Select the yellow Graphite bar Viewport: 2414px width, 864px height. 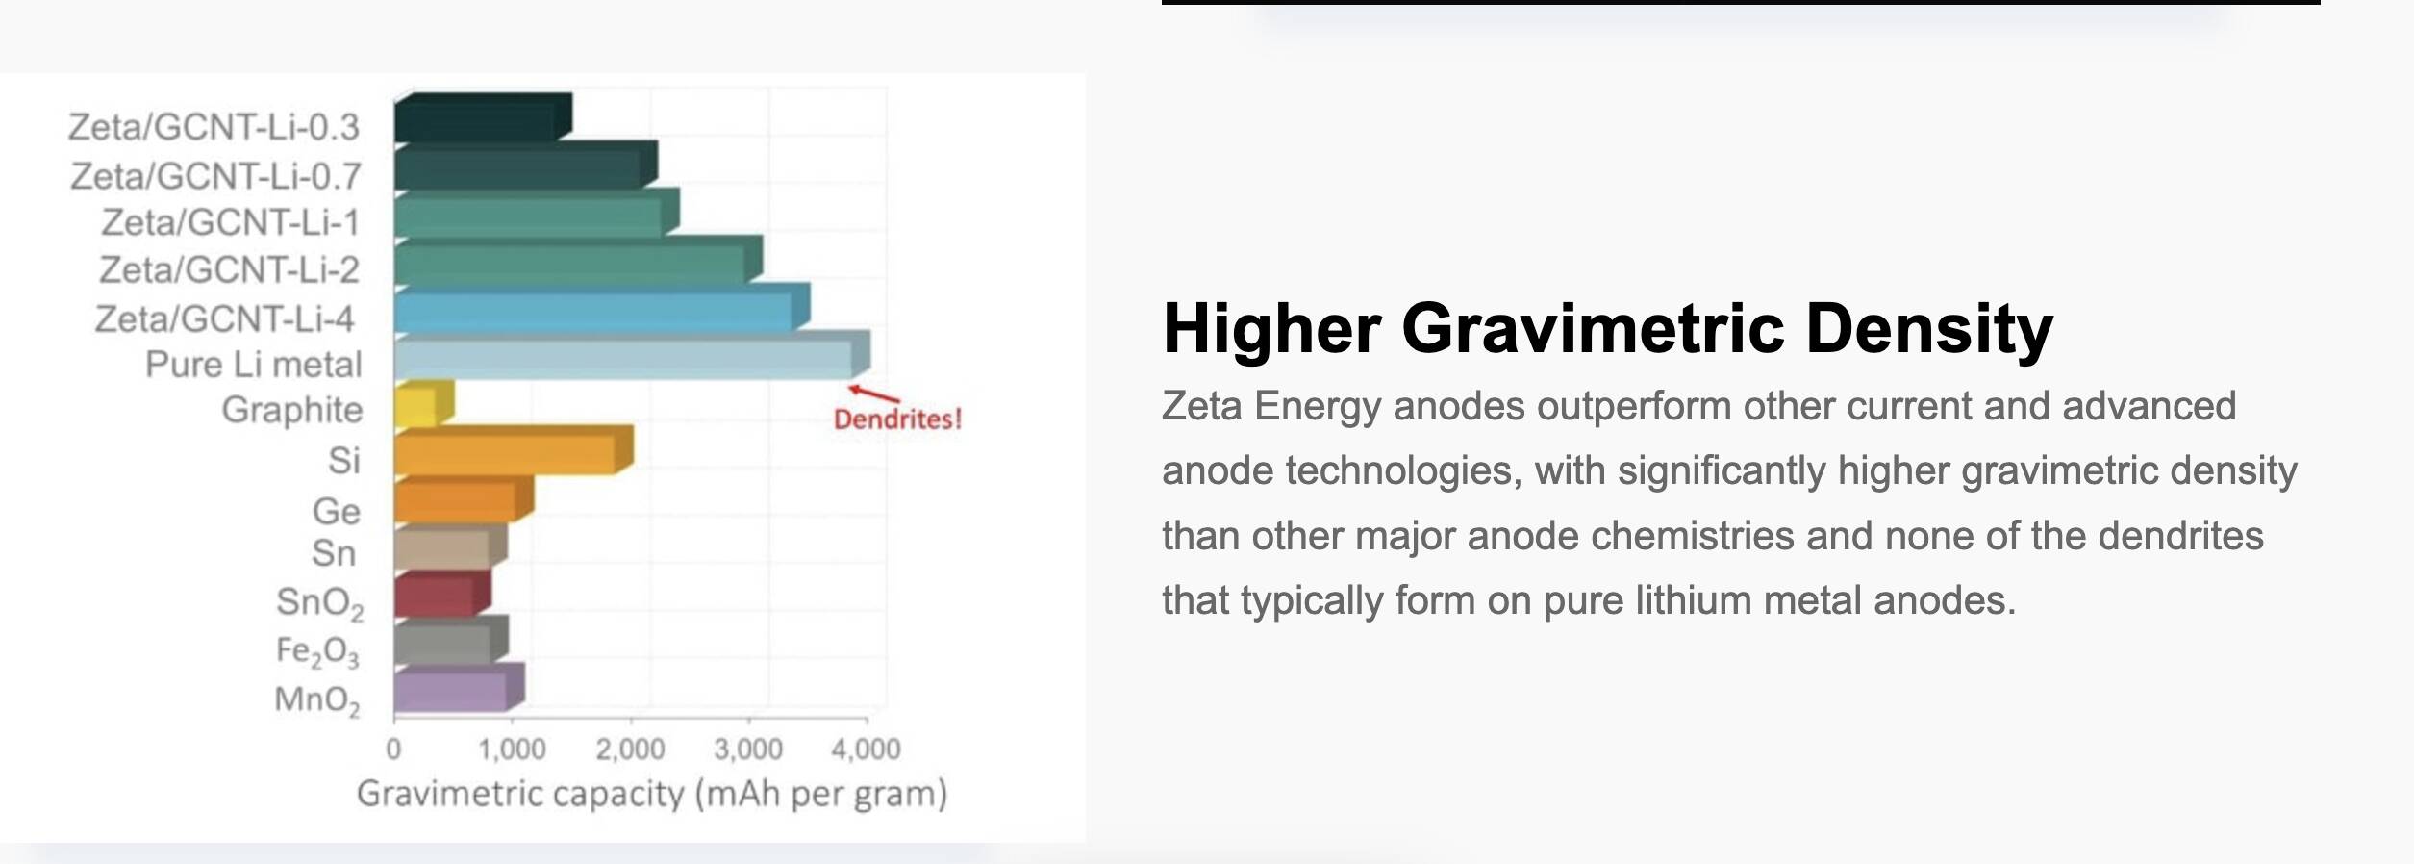pyautogui.click(x=424, y=404)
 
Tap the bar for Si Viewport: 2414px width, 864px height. pyautogui.click(x=514, y=450)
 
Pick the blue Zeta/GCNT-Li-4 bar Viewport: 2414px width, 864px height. pyautogui.click(x=602, y=308)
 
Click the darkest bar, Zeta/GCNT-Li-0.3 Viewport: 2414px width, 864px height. pyautogui.click(x=483, y=117)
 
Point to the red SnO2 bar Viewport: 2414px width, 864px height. pyautogui.click(x=442, y=594)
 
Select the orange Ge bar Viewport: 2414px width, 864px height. pyautogui.click(x=464, y=499)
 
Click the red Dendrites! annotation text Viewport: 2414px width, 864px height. pyautogui.click(x=897, y=419)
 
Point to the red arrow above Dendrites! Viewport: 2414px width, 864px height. pyautogui.click(x=873, y=394)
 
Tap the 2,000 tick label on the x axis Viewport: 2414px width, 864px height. pyautogui.click(x=630, y=749)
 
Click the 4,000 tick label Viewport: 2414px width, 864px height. pyautogui.click(x=866, y=749)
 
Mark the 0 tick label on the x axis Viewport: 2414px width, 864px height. pyautogui.click(x=393, y=749)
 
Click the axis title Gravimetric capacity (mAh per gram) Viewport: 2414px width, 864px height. pyautogui.click(x=652, y=794)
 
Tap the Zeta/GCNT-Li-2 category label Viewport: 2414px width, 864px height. pyautogui.click(x=229, y=270)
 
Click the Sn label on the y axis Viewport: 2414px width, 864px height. pyautogui.click(x=334, y=554)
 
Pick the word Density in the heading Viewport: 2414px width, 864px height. pyautogui.click(x=1929, y=330)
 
